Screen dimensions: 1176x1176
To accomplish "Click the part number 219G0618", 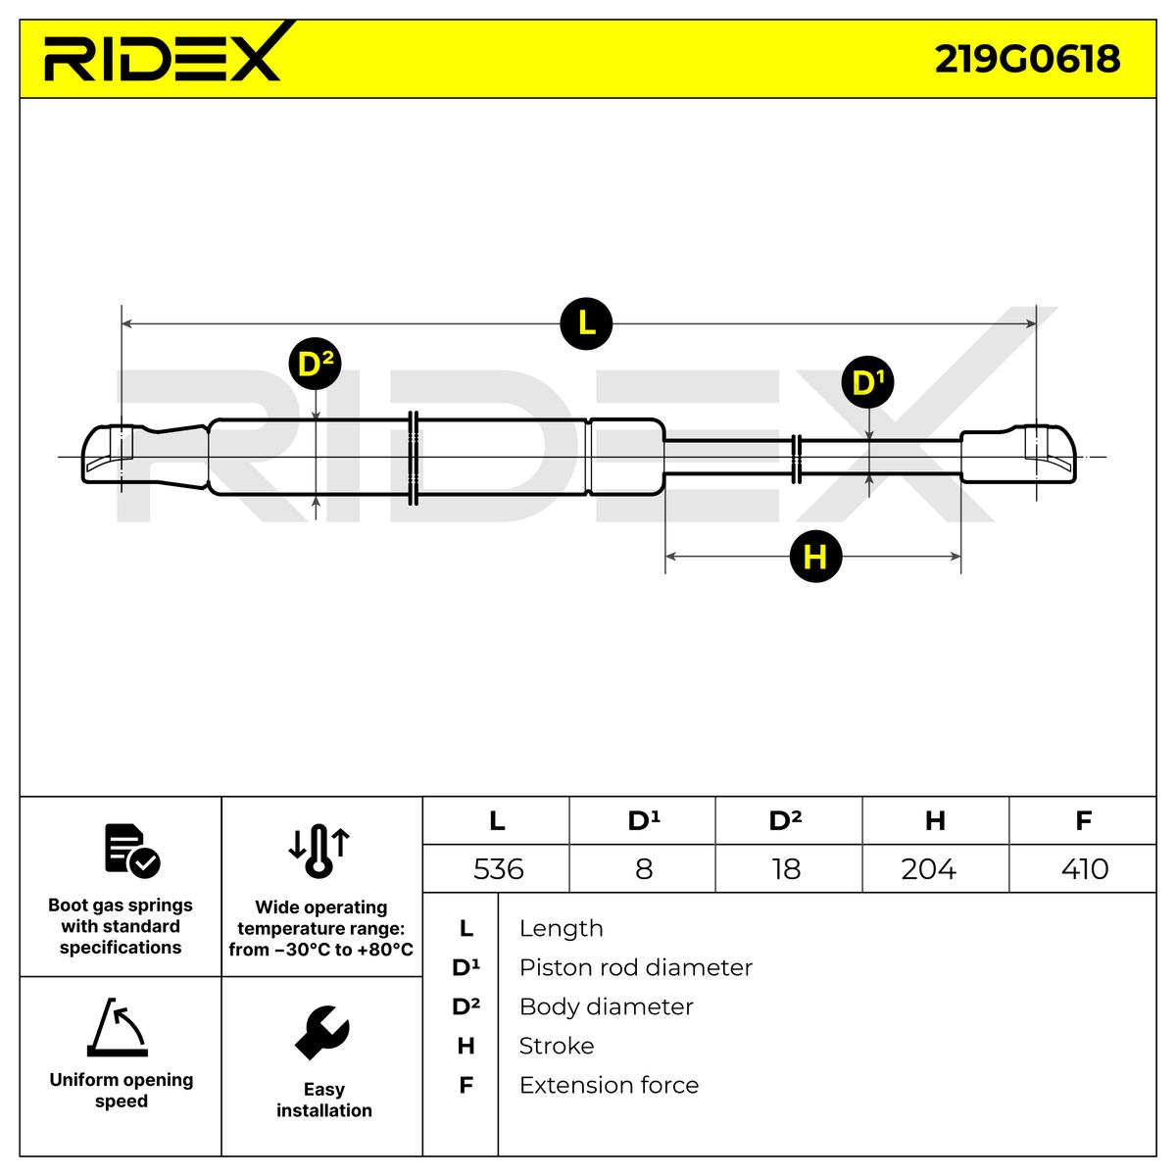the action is point(1027,59).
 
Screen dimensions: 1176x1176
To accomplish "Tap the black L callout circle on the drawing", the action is point(586,323).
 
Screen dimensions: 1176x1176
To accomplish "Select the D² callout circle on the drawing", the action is point(315,364).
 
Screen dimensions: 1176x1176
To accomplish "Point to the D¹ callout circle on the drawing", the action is point(868,382).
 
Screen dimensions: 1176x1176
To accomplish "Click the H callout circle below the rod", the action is point(815,556).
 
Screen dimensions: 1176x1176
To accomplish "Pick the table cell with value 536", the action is point(496,868).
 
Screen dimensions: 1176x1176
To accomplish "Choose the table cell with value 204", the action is point(935,868).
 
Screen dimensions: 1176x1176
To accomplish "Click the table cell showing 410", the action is point(1083,868).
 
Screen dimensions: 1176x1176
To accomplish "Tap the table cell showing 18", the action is point(789,868).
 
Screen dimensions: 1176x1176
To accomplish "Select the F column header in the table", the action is point(1083,821).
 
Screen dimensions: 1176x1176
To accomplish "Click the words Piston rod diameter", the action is point(635,968).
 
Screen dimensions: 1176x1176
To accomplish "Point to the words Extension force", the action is point(609,1085).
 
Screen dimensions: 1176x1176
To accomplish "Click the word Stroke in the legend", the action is point(556,1046).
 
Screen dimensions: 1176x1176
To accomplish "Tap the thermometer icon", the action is point(319,852).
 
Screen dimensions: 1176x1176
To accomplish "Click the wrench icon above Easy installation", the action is point(322,1032).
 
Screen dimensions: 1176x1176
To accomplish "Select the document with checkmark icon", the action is point(132,851).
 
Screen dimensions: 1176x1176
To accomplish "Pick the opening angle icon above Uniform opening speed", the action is point(118,1027).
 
